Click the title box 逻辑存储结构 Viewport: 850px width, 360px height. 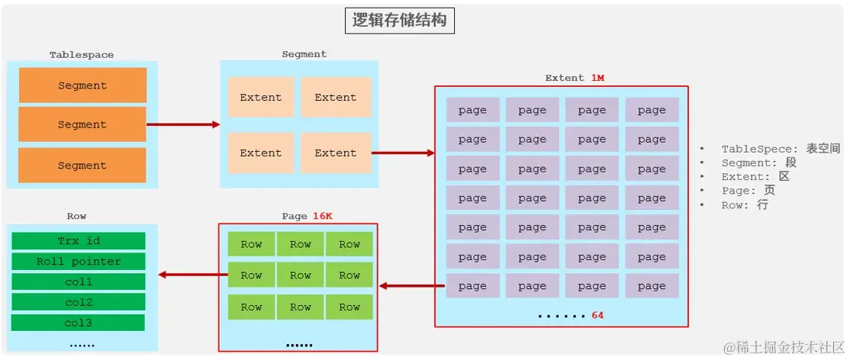click(x=399, y=20)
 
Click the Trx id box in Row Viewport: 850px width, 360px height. click(x=79, y=241)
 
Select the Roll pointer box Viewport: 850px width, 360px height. click(x=79, y=262)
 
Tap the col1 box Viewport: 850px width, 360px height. click(x=79, y=282)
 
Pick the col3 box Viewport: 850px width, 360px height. click(x=79, y=323)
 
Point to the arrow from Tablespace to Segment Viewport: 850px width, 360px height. click(x=182, y=124)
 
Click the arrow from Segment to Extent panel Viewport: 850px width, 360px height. click(x=402, y=153)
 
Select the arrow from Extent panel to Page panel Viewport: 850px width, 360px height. click(x=412, y=286)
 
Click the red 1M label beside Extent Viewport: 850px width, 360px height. click(x=597, y=78)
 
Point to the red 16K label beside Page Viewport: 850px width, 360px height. click(x=323, y=216)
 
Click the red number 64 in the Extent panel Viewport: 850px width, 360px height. click(x=597, y=314)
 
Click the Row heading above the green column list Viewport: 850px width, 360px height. click(x=76, y=216)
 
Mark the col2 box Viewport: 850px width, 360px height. click(x=79, y=302)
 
